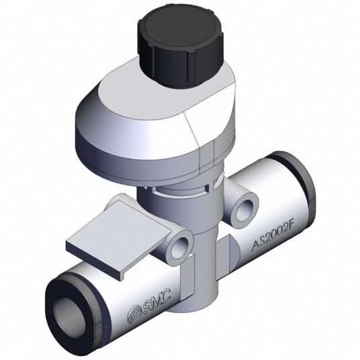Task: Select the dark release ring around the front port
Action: [x=69, y=318]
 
